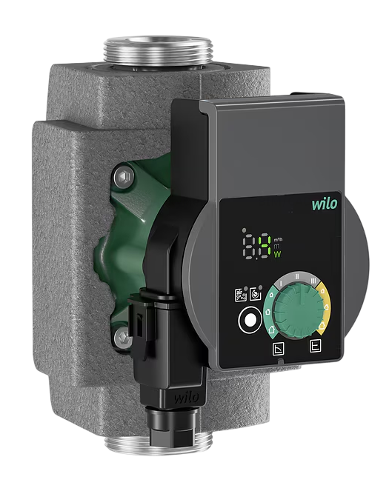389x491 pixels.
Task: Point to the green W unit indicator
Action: (x=278, y=255)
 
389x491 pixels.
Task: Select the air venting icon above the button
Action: (x=256, y=293)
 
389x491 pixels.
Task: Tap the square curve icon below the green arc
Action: (x=279, y=349)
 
